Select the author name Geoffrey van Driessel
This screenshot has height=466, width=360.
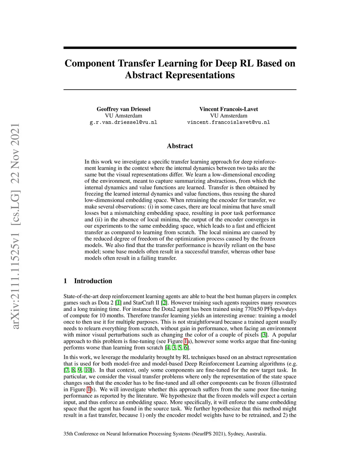[x=123, y=109]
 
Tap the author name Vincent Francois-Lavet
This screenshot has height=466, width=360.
[x=229, y=109]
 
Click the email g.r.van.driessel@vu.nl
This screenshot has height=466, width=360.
[x=123, y=122]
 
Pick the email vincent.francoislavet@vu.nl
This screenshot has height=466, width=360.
[x=229, y=122]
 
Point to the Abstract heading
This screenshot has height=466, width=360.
[x=180, y=146]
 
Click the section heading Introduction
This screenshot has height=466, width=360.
[x=93, y=281]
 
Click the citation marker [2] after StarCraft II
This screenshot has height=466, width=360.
[x=164, y=303]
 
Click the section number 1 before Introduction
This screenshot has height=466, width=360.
[x=65, y=281]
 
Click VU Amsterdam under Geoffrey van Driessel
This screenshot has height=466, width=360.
[x=123, y=116]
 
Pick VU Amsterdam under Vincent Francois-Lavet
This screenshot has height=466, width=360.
[x=229, y=116]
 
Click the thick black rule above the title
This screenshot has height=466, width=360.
[x=180, y=48]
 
